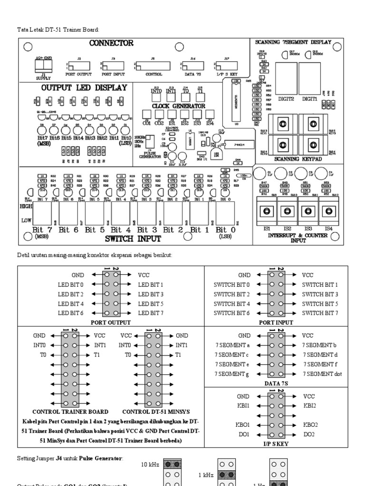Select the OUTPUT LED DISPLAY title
[x=84, y=87]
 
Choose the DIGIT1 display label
[x=309, y=99]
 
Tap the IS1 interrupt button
[x=267, y=211]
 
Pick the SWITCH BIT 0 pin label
[x=231, y=285]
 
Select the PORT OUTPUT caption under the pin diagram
[x=111, y=322]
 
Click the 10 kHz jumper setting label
[x=150, y=464]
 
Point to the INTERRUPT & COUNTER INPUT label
[x=298, y=238]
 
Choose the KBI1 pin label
[x=243, y=406]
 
